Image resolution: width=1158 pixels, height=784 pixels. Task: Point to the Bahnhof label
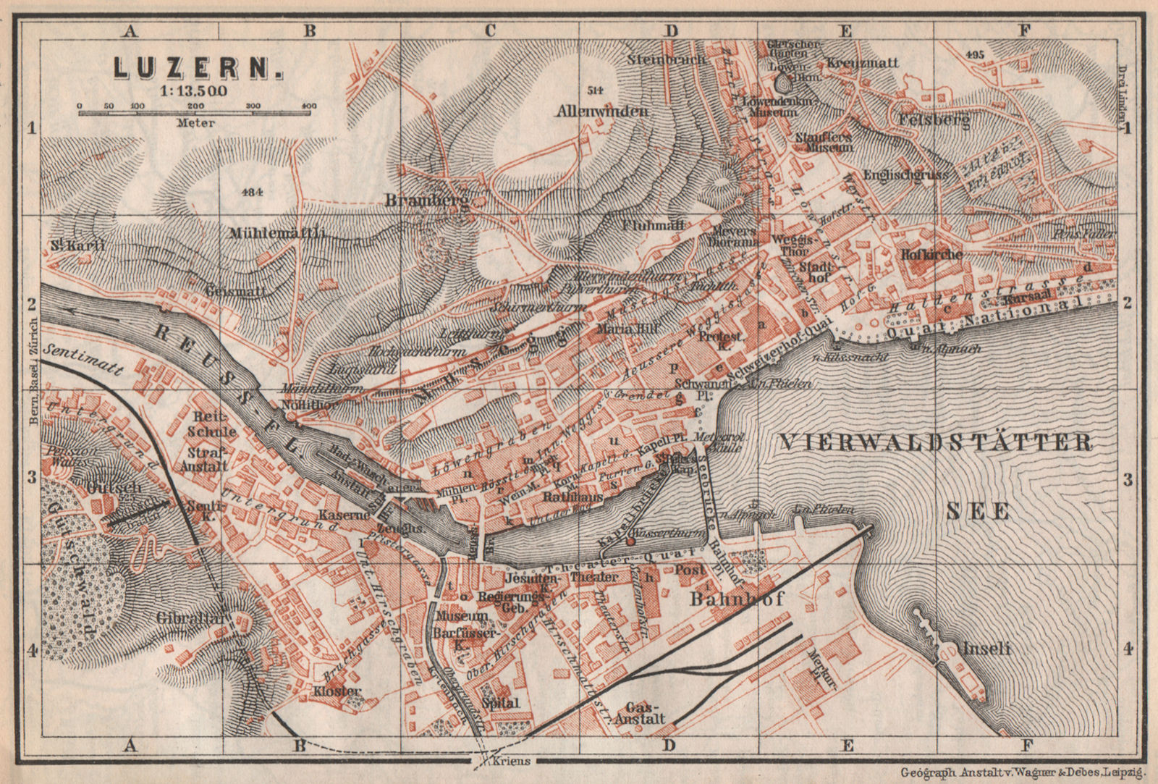(x=738, y=599)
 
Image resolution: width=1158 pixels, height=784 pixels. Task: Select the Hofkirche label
(x=931, y=254)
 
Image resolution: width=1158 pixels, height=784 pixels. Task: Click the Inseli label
(x=986, y=648)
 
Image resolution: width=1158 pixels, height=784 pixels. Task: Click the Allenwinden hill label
(x=602, y=111)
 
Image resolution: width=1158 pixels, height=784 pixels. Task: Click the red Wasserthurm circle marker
(x=630, y=541)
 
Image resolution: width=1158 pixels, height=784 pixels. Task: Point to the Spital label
(x=501, y=702)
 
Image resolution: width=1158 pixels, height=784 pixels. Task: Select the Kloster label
(x=337, y=691)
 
